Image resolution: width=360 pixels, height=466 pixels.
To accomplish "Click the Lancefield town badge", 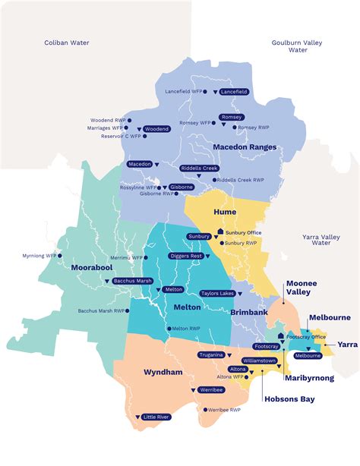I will [233, 92].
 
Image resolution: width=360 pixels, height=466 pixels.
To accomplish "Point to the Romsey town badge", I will [231, 117].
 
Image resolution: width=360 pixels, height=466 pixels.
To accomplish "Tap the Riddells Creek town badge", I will [200, 168].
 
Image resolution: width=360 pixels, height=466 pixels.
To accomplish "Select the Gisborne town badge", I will [181, 187].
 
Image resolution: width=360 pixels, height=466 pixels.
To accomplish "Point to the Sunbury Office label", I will [244, 232].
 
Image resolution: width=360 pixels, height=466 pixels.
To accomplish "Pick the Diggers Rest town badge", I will [185, 257].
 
